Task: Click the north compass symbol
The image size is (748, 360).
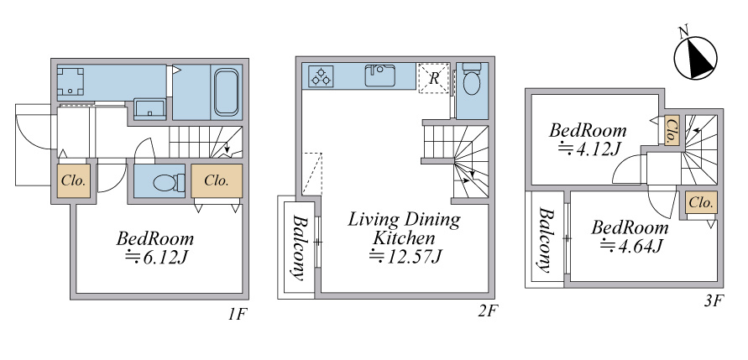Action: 695,58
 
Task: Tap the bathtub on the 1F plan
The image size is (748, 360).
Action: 226,92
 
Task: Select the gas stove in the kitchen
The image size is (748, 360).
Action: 321,76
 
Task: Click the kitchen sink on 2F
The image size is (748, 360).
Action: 380,76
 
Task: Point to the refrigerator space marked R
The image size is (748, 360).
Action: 434,78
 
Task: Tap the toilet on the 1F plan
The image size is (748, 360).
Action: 169,183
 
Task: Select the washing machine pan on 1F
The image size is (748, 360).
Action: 71,81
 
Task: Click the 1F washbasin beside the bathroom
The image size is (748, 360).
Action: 149,109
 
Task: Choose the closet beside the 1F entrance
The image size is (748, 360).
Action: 74,180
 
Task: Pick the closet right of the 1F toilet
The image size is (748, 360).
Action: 217,180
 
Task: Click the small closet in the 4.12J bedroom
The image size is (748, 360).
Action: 672,131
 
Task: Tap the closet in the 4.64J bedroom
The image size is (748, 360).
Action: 701,202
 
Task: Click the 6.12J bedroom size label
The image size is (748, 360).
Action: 155,257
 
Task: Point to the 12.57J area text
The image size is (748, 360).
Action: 406,257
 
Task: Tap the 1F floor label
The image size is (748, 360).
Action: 237,314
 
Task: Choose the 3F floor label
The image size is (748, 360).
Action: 715,301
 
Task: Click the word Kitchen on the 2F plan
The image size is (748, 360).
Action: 404,237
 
